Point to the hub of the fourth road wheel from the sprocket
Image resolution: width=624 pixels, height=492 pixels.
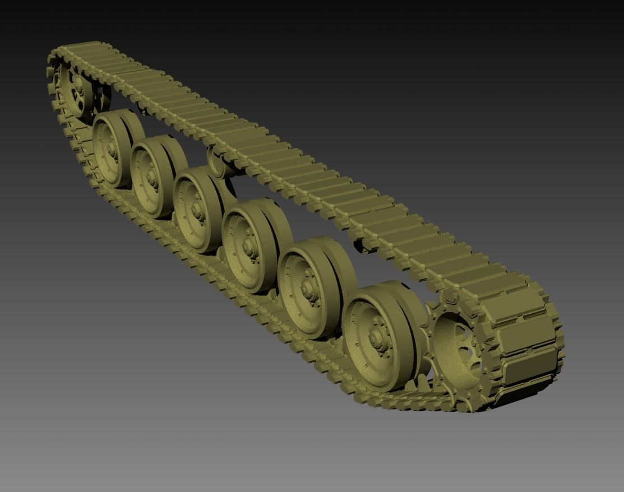point(198,209)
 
